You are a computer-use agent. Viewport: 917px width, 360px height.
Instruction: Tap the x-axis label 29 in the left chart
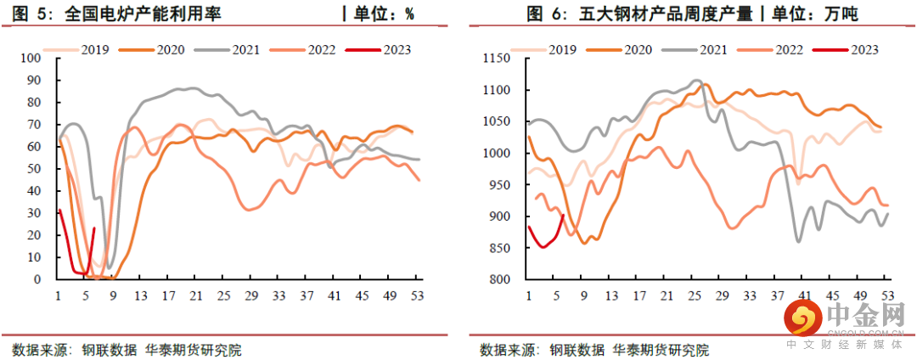(250, 295)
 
